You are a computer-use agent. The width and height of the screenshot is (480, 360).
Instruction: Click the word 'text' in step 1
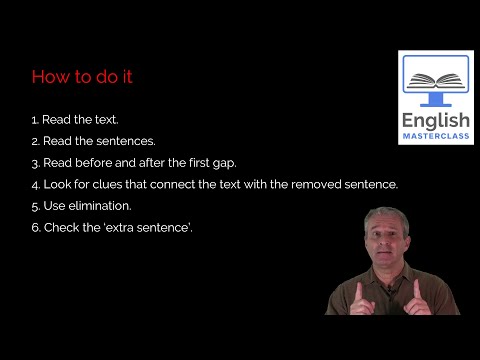point(106,119)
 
